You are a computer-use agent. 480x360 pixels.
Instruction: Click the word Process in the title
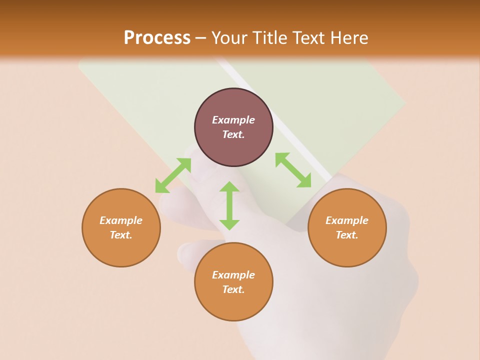157,38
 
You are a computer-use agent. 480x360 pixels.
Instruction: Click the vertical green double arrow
229,205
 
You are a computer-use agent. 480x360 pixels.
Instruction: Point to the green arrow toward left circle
173,175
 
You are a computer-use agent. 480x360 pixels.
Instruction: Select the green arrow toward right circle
293,170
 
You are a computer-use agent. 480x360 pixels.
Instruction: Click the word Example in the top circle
233,120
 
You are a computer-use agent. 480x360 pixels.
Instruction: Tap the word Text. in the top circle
233,134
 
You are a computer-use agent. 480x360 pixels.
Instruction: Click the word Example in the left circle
121,220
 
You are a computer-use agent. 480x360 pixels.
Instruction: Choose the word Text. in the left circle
121,235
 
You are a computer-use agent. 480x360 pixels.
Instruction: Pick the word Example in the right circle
347,220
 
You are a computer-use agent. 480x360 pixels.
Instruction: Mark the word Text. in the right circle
347,235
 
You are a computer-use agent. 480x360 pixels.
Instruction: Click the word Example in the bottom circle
233,275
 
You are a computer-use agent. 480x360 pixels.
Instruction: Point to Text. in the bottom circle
233,289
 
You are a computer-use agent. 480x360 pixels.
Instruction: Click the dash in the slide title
201,38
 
